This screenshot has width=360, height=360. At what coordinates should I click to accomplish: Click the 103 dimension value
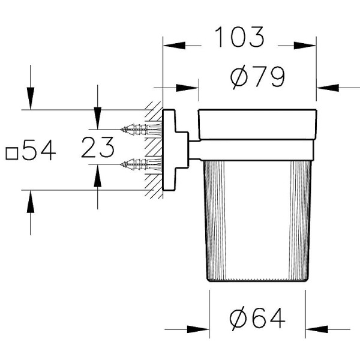(239, 37)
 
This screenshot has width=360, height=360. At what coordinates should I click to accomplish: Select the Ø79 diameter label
(257, 77)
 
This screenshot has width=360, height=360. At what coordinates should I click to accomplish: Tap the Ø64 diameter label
(257, 319)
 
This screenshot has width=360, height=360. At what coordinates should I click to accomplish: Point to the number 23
(98, 147)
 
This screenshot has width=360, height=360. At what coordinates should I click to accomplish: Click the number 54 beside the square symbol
(39, 150)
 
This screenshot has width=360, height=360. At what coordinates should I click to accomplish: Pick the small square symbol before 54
(12, 154)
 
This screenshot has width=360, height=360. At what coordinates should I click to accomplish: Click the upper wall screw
(141, 130)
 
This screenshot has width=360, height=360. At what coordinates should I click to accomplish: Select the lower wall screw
(141, 164)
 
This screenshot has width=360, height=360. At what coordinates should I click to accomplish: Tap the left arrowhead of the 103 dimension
(174, 46)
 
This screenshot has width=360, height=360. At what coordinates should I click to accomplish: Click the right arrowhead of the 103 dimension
(305, 46)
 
